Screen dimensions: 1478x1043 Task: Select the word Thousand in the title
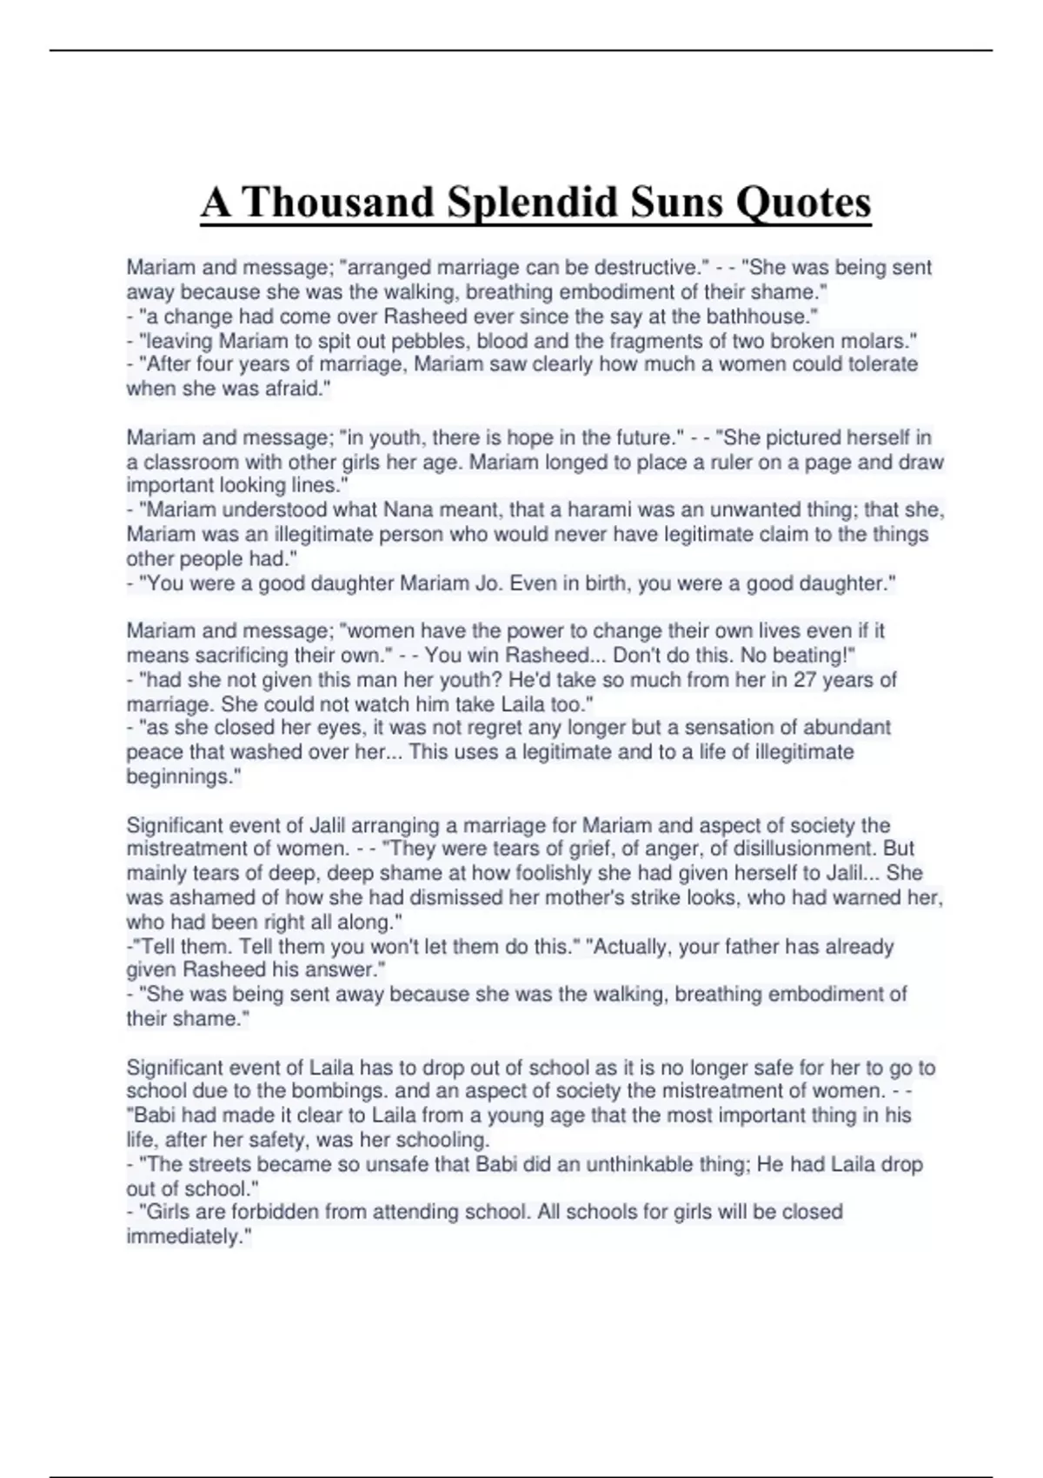(338, 203)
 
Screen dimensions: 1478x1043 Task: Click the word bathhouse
(764, 316)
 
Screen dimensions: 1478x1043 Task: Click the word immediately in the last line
(186, 1236)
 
